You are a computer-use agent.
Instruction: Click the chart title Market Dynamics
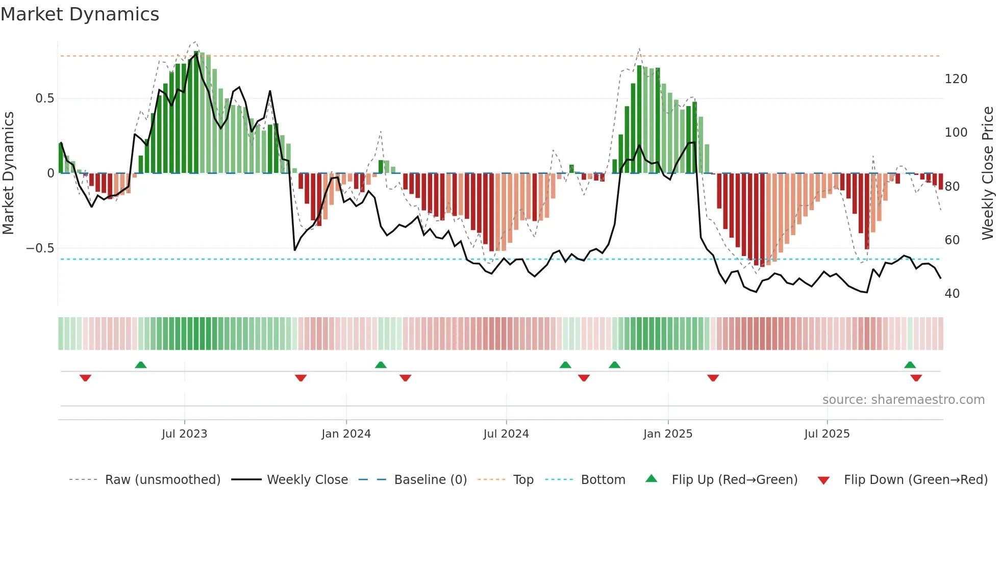click(80, 14)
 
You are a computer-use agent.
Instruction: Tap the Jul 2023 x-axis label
click(184, 434)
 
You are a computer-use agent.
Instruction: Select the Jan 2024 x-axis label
click(346, 434)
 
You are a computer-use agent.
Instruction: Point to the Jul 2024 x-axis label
click(506, 434)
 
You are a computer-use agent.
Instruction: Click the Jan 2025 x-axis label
click(667, 434)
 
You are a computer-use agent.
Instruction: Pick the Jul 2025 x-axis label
click(827, 434)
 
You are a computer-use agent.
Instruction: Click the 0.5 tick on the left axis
click(44, 98)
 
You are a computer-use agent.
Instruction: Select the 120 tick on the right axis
click(956, 79)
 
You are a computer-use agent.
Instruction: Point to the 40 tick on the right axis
click(952, 294)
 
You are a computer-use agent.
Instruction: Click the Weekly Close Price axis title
click(988, 173)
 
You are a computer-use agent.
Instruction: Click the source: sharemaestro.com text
click(903, 400)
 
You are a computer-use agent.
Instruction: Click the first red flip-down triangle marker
click(85, 377)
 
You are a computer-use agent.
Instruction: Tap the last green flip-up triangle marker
click(910, 365)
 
